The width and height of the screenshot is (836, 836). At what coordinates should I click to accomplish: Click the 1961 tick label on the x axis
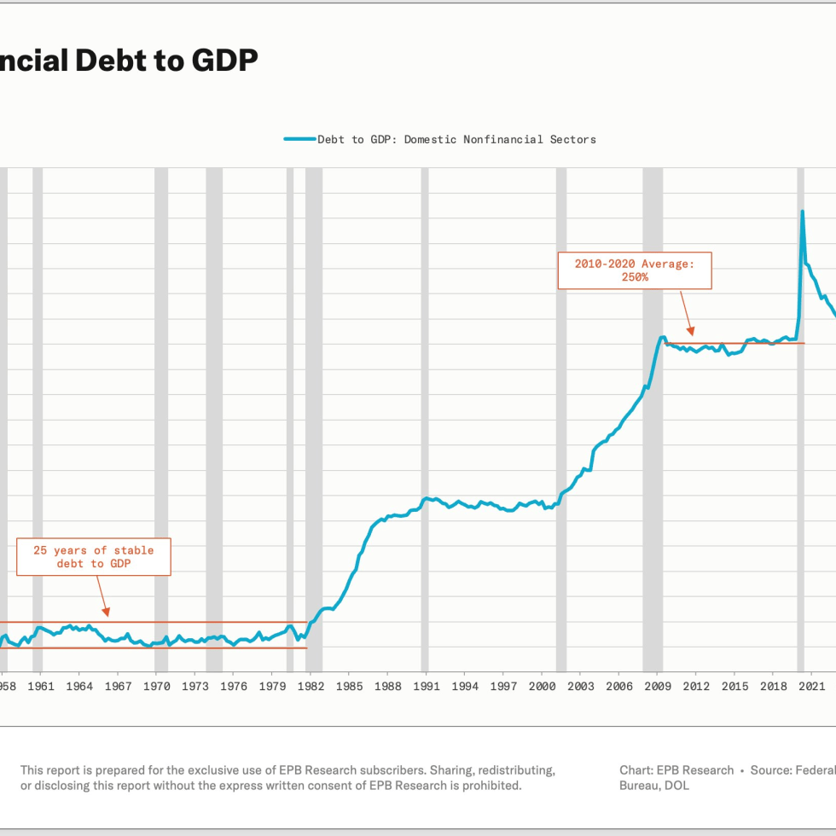40,686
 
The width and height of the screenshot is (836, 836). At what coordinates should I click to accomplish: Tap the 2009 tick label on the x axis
658,686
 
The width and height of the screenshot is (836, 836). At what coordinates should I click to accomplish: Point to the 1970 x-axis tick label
156,686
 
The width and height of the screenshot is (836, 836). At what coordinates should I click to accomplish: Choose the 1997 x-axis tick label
503,686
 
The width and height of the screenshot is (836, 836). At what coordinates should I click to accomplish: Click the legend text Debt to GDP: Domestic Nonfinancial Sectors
456,139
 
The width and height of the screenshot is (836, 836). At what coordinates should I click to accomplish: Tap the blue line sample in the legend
299,139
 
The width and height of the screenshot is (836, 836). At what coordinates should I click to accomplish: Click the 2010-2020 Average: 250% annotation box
635,270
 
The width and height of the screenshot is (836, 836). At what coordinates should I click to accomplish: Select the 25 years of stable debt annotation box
94,557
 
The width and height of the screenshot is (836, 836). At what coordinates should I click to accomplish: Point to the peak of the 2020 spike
802,212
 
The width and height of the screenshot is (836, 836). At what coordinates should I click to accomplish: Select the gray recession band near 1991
425,418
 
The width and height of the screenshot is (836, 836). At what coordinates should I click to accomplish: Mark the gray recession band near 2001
560,418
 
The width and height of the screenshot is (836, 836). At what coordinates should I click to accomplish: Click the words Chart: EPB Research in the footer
676,770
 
